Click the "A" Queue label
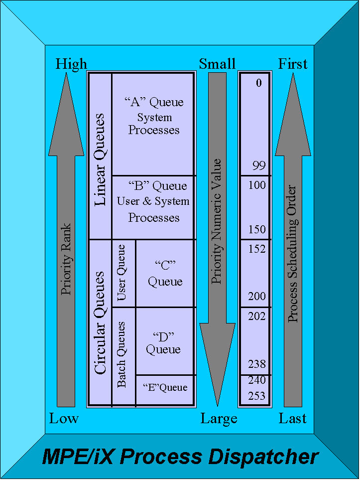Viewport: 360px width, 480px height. pyautogui.click(x=153, y=103)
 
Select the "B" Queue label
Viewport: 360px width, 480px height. pyautogui.click(x=153, y=186)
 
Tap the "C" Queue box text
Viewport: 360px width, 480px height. pyautogui.click(x=165, y=273)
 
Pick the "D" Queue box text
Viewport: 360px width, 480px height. pyautogui.click(x=163, y=342)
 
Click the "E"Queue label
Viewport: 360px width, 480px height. pyautogui.click(x=165, y=387)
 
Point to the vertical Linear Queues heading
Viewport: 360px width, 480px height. pyautogui.click(x=100, y=160)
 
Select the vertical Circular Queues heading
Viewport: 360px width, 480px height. pyautogui.click(x=100, y=322)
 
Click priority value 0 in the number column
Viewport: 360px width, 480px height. pyautogui.click(x=258, y=83)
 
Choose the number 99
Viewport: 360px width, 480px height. pyautogui.click(x=259, y=166)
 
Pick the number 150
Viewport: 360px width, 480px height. pyautogui.click(x=257, y=230)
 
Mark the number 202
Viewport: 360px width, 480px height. pyautogui.click(x=257, y=317)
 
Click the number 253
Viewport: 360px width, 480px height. pyautogui.click(x=257, y=396)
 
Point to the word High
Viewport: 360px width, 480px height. pyautogui.click(x=71, y=64)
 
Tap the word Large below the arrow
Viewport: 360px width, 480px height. pyautogui.click(x=219, y=419)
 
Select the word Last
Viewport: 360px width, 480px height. pyautogui.click(x=292, y=419)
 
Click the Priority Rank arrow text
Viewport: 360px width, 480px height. pyautogui.click(x=66, y=259)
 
